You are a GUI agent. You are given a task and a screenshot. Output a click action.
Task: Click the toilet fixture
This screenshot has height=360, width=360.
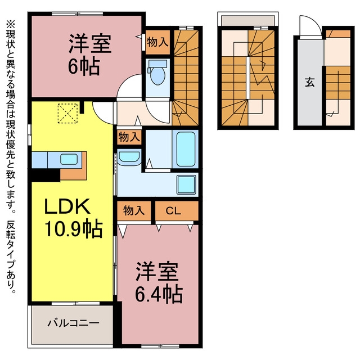coord(157,72)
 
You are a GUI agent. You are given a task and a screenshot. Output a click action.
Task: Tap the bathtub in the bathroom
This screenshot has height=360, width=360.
coord(186,148)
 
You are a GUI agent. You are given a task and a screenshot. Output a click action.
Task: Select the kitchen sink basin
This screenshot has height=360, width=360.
coord(69,159)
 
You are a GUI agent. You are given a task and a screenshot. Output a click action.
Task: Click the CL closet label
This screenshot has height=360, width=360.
coord(173,210)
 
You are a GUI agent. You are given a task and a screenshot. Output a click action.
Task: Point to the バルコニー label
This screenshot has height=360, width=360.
coord(74,323)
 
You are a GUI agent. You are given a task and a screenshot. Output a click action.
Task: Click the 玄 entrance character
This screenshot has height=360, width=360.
coord(310,82)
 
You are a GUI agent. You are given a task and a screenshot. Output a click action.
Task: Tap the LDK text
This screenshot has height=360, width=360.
coord(67,206)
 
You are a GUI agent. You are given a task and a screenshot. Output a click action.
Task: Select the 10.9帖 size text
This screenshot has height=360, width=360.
coord(74,228)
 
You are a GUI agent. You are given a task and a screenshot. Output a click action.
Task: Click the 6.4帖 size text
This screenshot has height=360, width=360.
coord(159,294)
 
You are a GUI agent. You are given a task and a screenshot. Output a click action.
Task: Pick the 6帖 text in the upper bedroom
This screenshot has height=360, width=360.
coord(84,66)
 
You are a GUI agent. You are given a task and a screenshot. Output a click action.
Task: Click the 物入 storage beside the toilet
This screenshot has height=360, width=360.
coord(157,42)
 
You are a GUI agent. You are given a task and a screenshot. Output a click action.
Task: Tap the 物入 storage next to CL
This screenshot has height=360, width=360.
coord(134,211)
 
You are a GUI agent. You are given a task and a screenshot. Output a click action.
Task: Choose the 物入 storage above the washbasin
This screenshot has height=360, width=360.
coord(129,137)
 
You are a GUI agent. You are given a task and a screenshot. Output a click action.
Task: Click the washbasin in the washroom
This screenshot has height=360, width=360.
coord(129,157)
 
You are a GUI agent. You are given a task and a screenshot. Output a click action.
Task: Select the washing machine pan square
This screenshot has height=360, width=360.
coord(186,184)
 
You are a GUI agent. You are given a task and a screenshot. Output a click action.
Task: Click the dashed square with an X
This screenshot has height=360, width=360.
coord(67,113)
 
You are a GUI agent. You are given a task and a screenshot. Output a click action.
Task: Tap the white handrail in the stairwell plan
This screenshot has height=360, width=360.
coord(248,78)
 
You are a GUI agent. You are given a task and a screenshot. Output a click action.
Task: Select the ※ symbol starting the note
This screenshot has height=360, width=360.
coord(11,24)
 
